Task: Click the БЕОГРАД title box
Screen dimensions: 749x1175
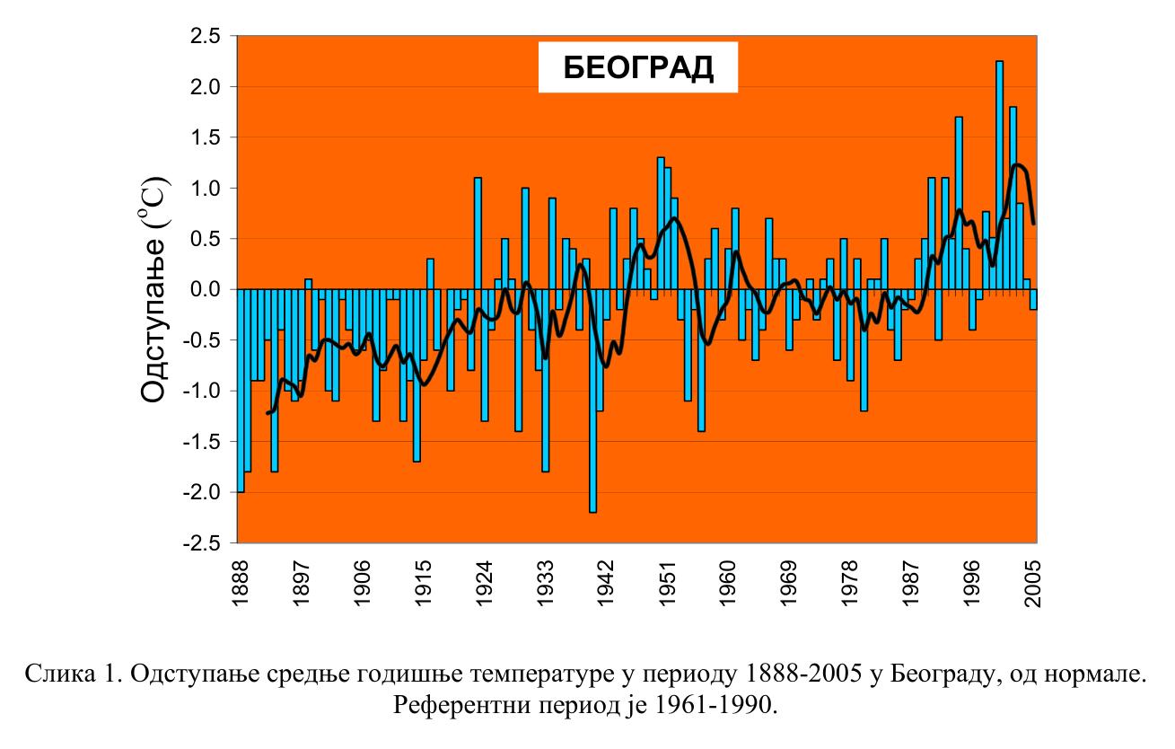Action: click(x=637, y=68)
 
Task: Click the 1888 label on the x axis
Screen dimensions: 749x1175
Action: click(x=239, y=584)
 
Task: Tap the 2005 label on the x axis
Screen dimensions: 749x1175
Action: click(x=1035, y=584)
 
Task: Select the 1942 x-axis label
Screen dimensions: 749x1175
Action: click(x=606, y=584)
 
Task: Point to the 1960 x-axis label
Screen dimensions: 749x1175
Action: click(x=728, y=584)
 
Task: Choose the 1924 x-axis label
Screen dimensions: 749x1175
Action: click(x=484, y=584)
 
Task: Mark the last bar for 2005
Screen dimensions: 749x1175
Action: click(x=1033, y=299)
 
